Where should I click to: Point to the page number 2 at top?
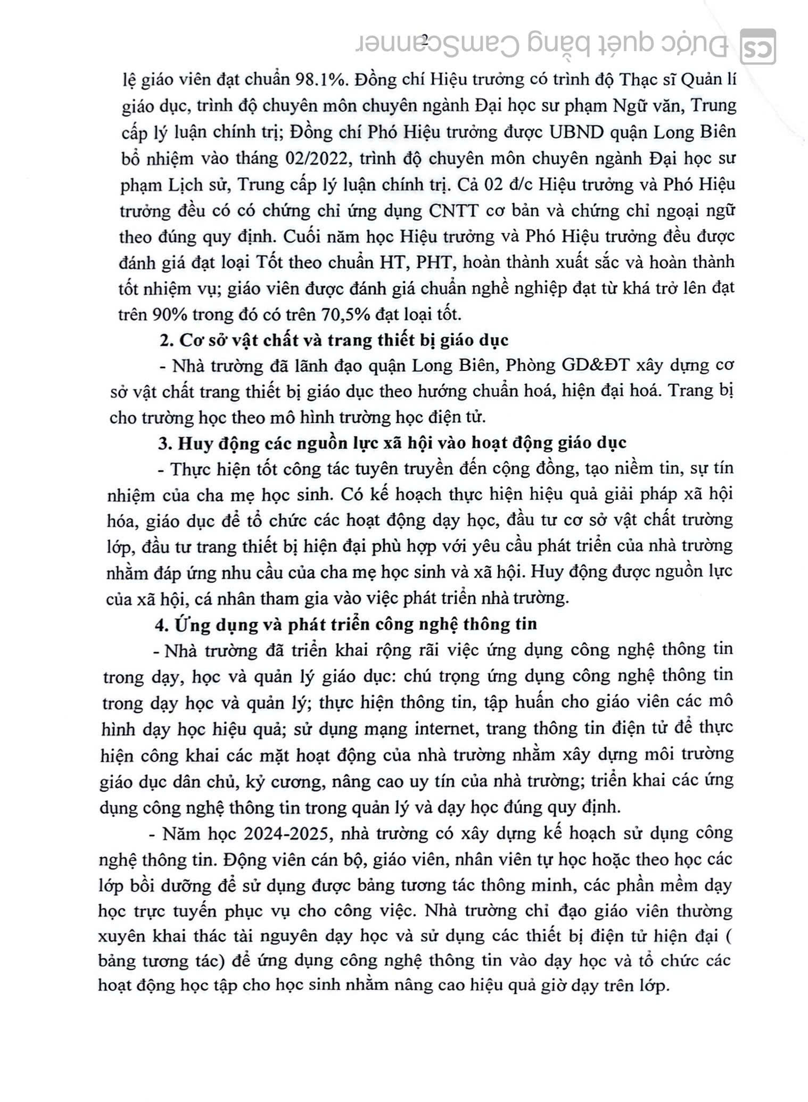[425, 38]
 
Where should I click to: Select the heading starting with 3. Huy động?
[394, 443]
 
